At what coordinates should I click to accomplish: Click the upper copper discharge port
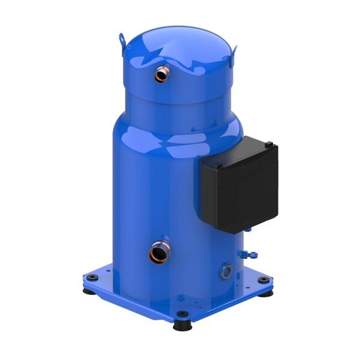(x=162, y=74)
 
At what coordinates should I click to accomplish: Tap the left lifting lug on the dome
(x=122, y=40)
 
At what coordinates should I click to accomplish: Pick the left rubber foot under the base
(x=88, y=291)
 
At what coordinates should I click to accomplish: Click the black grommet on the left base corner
(x=92, y=277)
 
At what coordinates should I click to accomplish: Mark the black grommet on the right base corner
(x=263, y=280)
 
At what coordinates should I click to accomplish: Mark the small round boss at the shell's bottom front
(x=181, y=297)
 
